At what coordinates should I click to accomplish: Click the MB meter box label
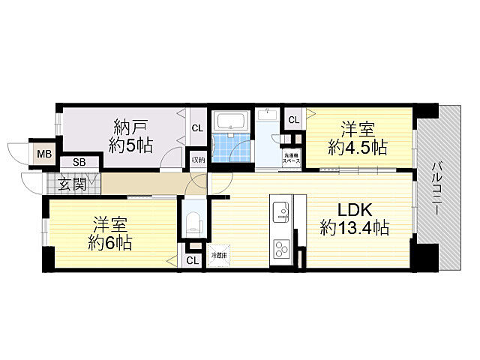pyautogui.click(x=45, y=155)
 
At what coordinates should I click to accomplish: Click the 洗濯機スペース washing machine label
pyautogui.click(x=290, y=159)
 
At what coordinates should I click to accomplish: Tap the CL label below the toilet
pyautogui.click(x=192, y=260)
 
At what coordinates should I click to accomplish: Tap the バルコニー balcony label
pyautogui.click(x=438, y=187)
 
